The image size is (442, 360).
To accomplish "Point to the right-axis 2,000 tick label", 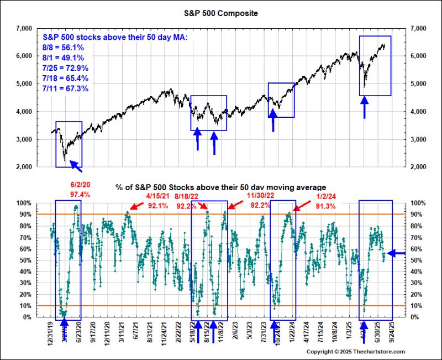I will pos(417,166).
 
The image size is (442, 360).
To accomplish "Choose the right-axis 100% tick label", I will pos(415,203).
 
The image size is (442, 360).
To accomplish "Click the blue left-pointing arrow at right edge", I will pos(396,253).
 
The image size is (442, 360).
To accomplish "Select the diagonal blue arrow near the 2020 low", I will pos(74,165).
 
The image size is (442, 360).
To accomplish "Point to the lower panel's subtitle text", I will pos(220,187).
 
